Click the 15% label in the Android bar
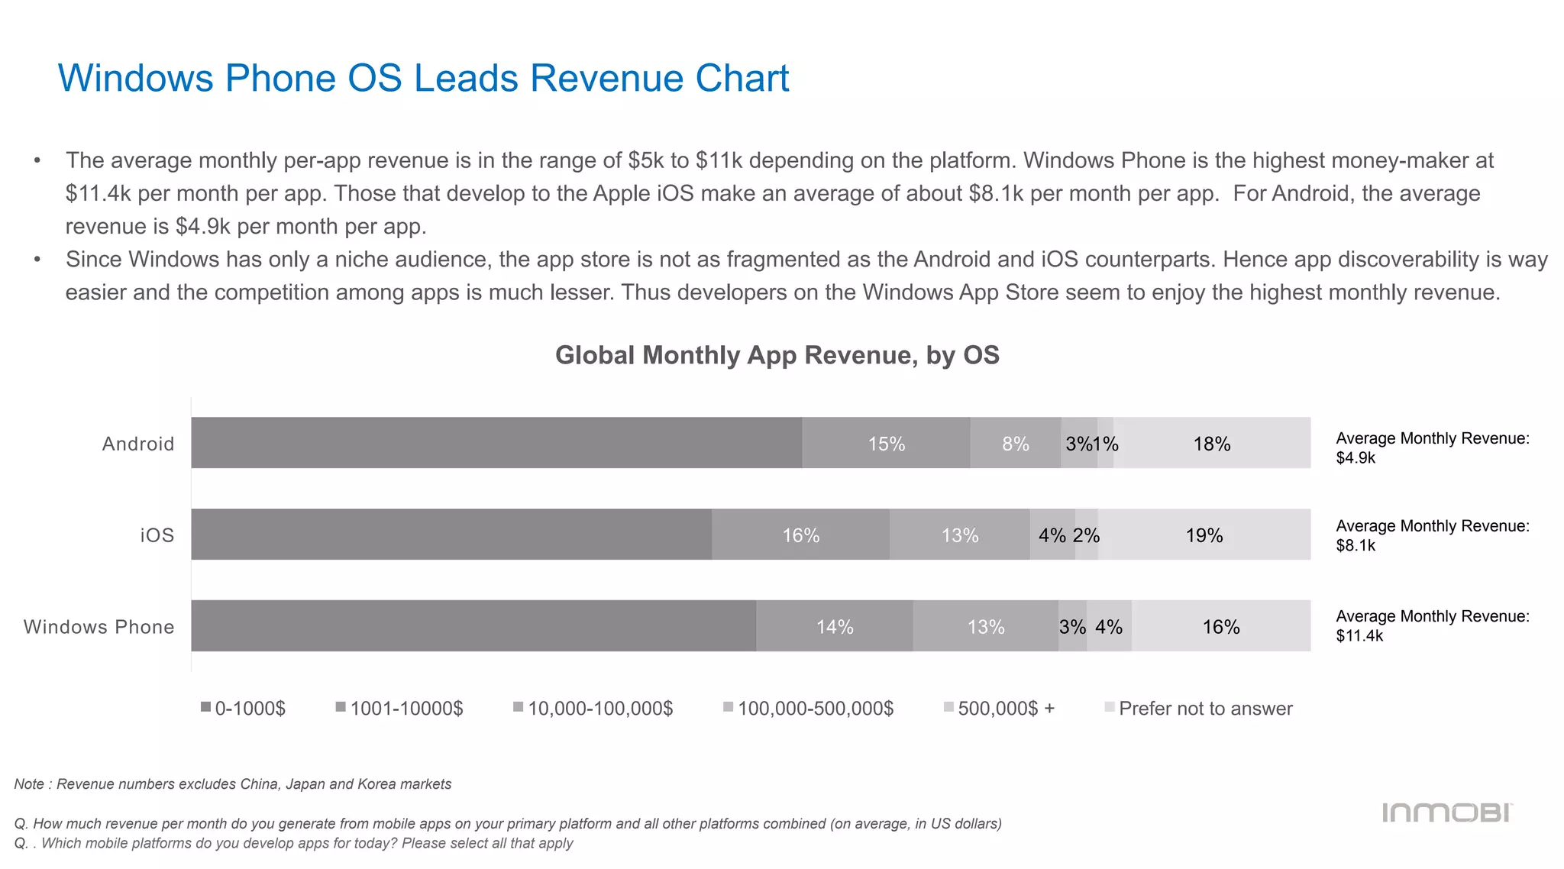point(886,444)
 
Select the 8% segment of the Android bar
point(1015,444)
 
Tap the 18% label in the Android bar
point(1211,444)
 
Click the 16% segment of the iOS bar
point(800,535)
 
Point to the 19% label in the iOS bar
point(1204,535)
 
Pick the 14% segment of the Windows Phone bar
point(834,627)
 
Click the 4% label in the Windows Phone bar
point(1108,627)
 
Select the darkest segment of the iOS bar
point(451,535)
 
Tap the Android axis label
point(138,444)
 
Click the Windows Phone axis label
point(99,627)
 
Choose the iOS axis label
point(157,535)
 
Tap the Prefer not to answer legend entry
point(1198,709)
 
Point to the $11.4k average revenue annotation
point(1359,636)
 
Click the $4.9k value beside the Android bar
point(1356,458)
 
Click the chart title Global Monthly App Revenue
point(777,355)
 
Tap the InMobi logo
point(1446,812)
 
